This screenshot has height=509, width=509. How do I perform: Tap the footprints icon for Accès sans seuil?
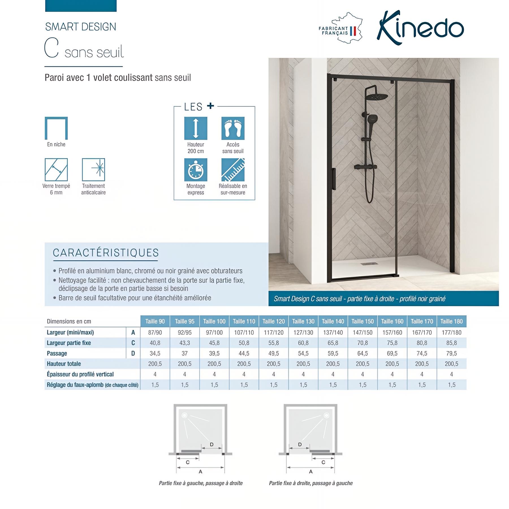[x=233, y=128]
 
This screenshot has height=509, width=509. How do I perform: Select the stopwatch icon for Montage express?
[x=196, y=170]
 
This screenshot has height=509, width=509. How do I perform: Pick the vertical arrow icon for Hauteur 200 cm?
[x=196, y=128]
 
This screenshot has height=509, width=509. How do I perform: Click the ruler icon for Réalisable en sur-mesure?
[x=233, y=170]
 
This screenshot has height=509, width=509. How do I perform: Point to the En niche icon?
[x=56, y=128]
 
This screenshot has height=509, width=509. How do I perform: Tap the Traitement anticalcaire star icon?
[x=93, y=169]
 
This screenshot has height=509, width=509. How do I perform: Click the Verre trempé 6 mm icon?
[x=56, y=169]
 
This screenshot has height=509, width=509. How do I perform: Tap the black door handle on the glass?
[x=334, y=179]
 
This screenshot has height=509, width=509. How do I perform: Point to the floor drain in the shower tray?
[x=368, y=264]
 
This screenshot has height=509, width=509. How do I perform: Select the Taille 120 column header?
[x=273, y=321]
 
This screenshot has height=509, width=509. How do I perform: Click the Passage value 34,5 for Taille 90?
[x=155, y=353]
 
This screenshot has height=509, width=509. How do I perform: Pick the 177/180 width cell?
[x=451, y=332]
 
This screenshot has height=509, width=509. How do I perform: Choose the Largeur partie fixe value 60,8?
[x=303, y=343]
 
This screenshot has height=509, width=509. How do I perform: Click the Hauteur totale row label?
[x=64, y=364]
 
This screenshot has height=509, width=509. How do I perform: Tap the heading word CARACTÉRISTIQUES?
[x=106, y=253]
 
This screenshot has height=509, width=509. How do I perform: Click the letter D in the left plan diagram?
[x=212, y=445]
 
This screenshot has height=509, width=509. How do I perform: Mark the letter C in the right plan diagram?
[x=323, y=462]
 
